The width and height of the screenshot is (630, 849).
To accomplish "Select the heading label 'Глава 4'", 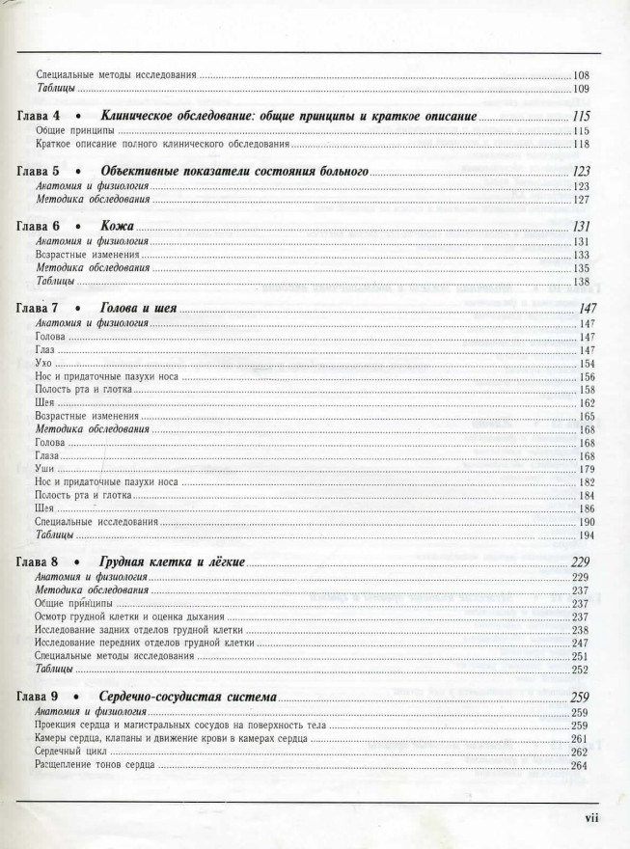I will [41, 116].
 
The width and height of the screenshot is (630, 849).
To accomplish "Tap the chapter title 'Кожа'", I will [117, 226].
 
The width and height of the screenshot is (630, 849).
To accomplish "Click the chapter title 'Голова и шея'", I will [138, 309].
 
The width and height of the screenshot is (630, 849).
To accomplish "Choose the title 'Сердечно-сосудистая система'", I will [188, 697].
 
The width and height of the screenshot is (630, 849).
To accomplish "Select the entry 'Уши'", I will [43, 469].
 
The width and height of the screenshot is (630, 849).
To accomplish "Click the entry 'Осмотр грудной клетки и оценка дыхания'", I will [129, 616].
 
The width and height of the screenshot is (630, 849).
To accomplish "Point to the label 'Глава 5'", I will [41, 171].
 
